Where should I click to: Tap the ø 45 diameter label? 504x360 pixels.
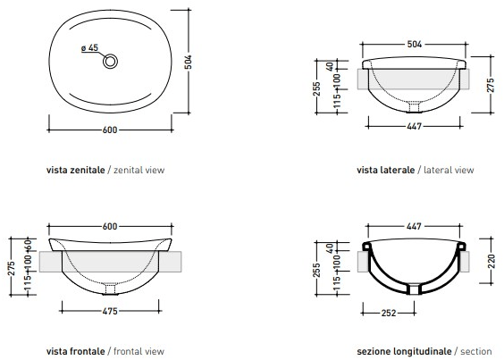click(x=89, y=48)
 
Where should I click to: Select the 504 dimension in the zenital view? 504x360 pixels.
click(x=188, y=62)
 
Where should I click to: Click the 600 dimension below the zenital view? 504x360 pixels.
click(x=110, y=130)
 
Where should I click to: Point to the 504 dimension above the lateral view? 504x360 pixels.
click(x=415, y=45)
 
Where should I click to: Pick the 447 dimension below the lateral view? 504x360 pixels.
click(x=415, y=126)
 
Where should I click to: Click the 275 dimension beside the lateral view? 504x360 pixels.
click(x=491, y=85)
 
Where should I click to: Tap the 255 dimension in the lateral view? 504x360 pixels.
click(x=317, y=89)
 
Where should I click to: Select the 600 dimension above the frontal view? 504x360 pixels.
click(x=110, y=227)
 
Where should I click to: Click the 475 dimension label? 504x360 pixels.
click(x=110, y=311)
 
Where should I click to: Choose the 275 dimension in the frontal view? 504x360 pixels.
click(x=12, y=268)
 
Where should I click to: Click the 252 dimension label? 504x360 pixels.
click(x=389, y=313)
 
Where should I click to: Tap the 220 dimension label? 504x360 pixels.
click(x=491, y=262)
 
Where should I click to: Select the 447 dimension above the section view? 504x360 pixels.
click(x=414, y=227)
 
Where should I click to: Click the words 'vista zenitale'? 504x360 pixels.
click(x=76, y=170)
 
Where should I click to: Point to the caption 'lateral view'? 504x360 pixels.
click(x=449, y=170)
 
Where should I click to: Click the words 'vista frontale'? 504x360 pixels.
click(x=76, y=351)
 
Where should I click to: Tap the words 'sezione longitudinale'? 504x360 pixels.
click(x=404, y=351)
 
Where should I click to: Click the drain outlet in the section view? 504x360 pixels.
click(x=414, y=289)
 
